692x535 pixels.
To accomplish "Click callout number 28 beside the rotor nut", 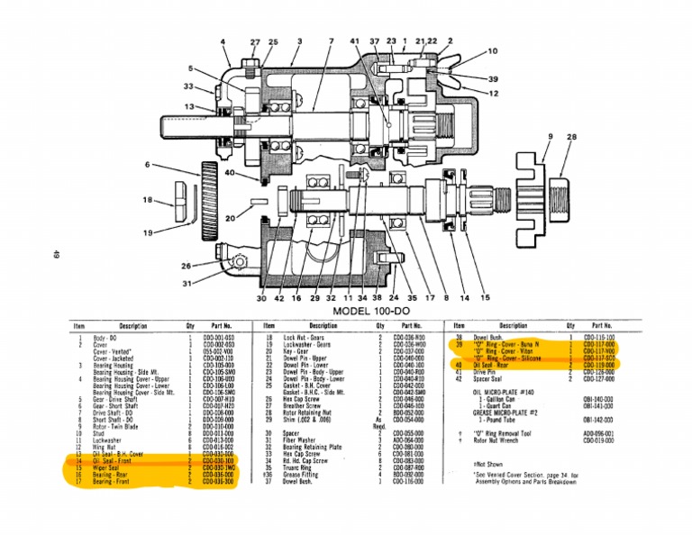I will pos(571,137).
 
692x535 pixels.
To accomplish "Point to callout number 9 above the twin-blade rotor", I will pos(550,137).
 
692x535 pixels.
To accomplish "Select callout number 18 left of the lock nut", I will pos(146,200).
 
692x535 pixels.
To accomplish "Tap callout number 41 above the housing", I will pos(354,41).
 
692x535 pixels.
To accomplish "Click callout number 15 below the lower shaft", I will pos(486,297).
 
